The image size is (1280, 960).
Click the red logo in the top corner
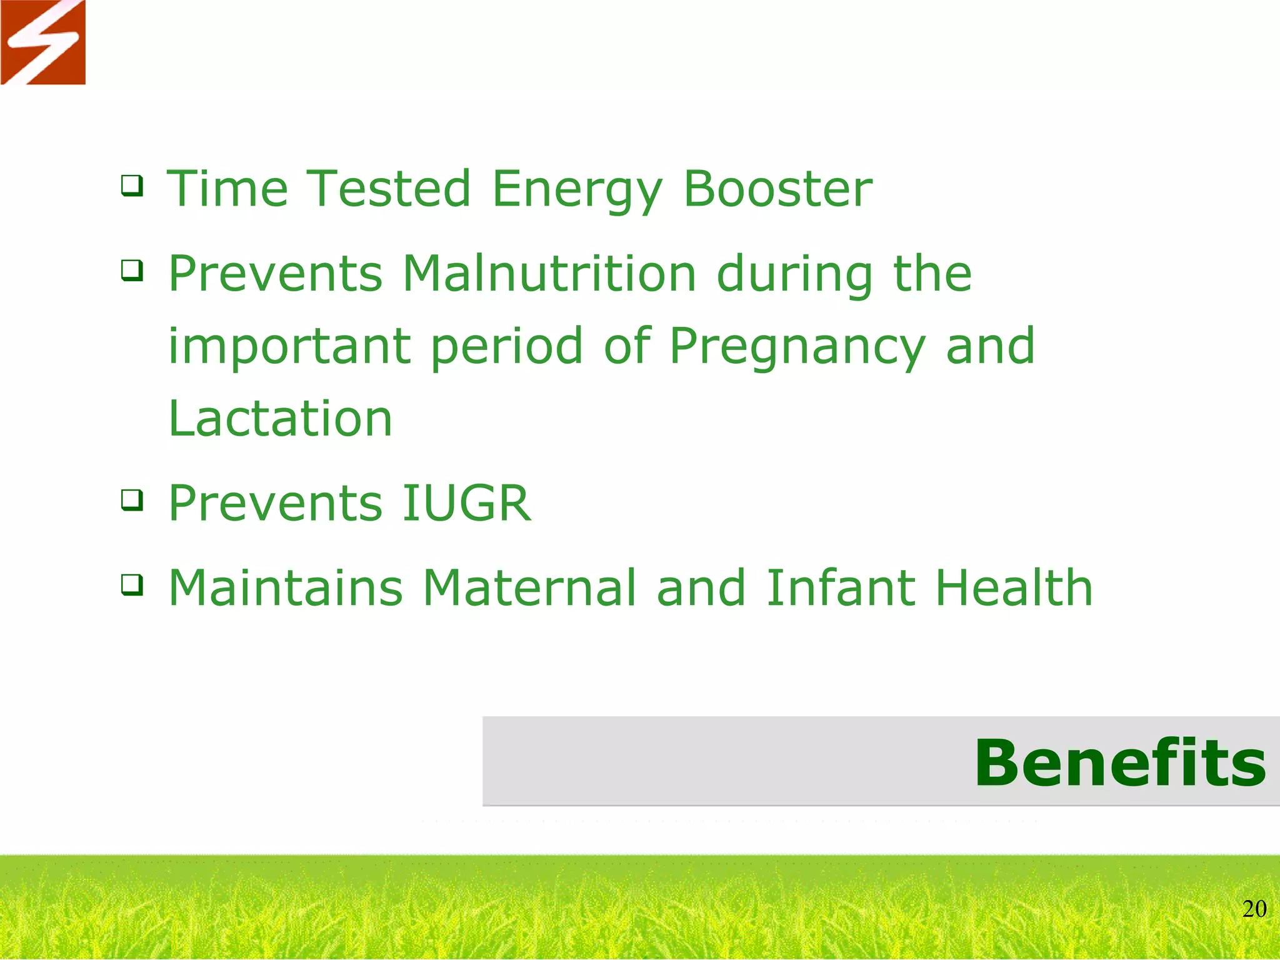[42, 42]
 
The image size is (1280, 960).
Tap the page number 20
[1254, 909]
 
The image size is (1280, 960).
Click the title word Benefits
[1120, 763]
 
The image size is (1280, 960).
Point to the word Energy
[576, 191]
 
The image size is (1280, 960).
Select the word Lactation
[280, 419]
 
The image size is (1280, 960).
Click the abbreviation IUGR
[466, 503]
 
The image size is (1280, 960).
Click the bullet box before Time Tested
[132, 186]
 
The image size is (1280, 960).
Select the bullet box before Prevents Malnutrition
[132, 271]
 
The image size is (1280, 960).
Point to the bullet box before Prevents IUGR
[132, 500]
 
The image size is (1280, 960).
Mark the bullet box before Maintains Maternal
[132, 585]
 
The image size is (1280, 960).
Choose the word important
[289, 347]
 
